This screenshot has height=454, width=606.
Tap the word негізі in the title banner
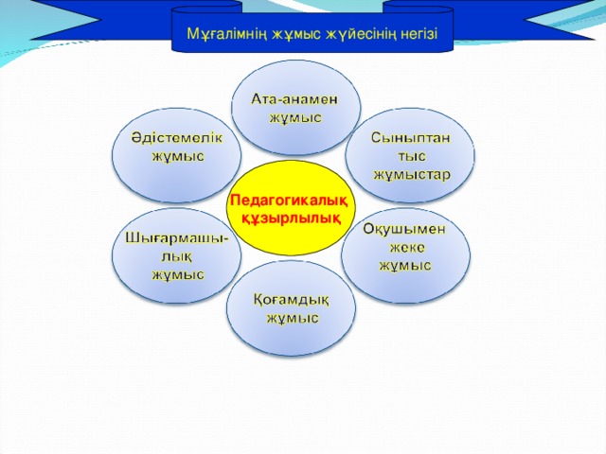[413, 35]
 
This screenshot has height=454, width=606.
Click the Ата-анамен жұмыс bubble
[294, 109]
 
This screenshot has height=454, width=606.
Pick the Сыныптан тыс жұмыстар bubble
[409, 156]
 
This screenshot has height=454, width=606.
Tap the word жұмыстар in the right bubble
[412, 174]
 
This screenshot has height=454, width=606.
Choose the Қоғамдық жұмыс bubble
[292, 307]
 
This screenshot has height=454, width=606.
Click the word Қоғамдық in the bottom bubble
[292, 300]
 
